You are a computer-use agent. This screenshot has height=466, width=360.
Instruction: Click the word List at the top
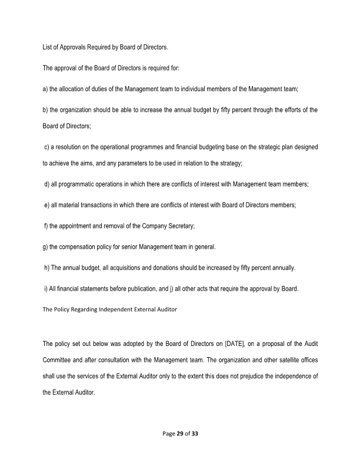(x=46, y=46)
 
